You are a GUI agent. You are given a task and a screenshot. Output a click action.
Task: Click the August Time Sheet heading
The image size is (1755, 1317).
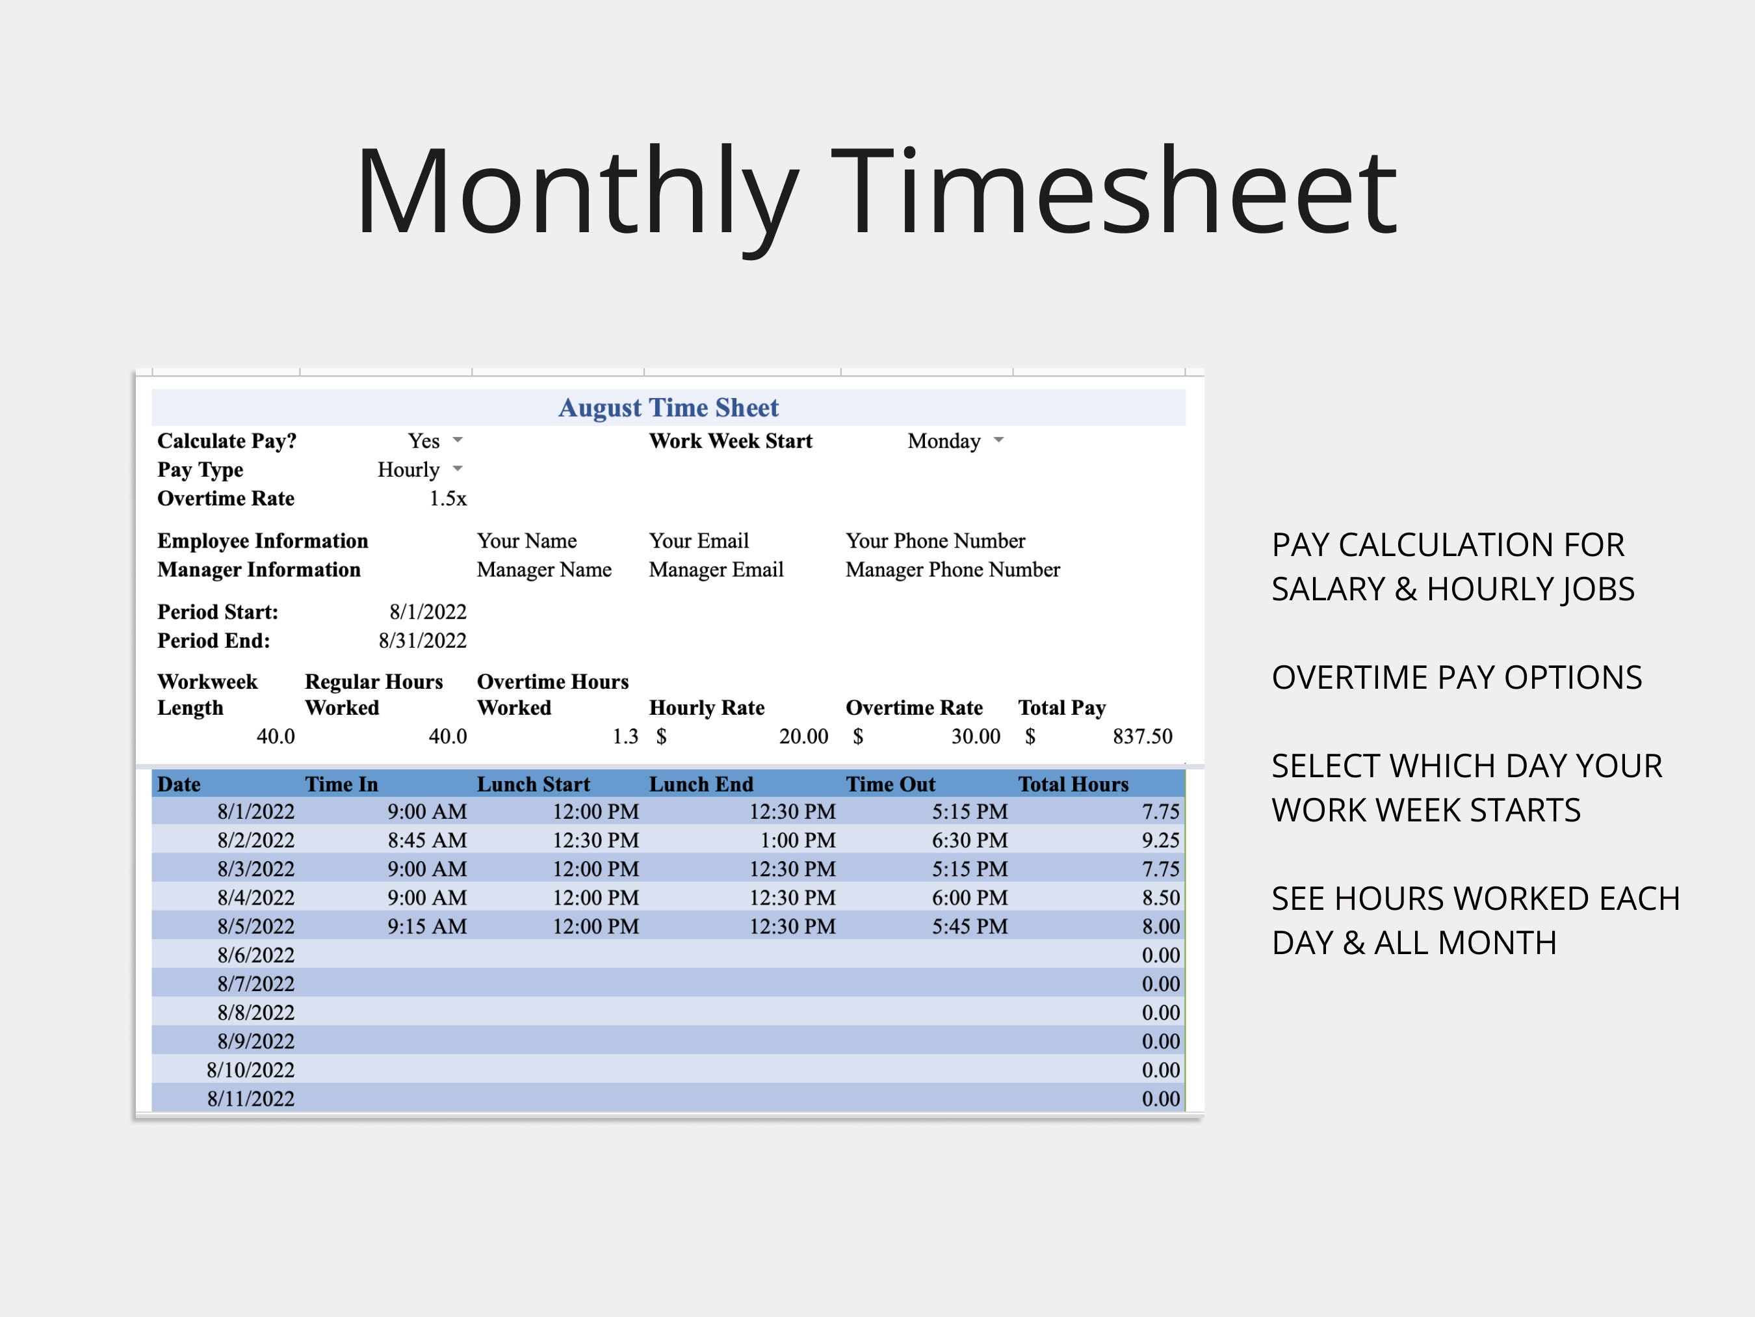[x=668, y=407]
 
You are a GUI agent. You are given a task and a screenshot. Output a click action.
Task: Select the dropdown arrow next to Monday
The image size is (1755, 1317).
[x=999, y=440]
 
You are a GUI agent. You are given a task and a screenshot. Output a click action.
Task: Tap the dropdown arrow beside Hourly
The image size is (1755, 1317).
[x=458, y=468]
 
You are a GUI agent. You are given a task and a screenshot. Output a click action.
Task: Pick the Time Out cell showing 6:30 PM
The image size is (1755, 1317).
[x=970, y=840]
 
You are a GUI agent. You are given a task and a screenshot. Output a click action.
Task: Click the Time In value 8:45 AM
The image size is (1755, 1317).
[x=427, y=840]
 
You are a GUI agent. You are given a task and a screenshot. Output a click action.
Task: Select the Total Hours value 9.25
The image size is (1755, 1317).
[x=1160, y=840]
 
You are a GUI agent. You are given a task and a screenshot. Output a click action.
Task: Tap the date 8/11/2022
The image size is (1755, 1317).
[x=251, y=1098]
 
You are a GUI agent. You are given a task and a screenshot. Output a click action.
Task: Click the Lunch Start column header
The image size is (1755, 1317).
[x=533, y=784]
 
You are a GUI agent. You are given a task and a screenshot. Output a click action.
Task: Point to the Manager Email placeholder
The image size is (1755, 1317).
[x=716, y=570]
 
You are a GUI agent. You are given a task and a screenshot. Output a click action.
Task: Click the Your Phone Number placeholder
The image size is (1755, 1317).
[x=935, y=540]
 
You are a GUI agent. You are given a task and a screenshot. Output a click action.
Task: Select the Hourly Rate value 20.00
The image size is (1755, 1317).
[x=803, y=737]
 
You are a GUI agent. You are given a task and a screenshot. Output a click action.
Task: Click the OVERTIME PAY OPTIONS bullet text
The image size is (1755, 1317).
[x=1456, y=678]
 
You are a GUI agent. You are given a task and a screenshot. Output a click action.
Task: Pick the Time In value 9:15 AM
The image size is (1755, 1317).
[x=427, y=926]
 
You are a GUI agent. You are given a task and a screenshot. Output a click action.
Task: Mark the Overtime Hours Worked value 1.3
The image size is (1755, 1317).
[x=625, y=737]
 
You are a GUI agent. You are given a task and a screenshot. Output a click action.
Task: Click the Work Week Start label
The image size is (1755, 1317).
[x=730, y=442]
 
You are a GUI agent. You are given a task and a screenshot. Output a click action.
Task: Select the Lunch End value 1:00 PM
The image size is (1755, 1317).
[x=798, y=840]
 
